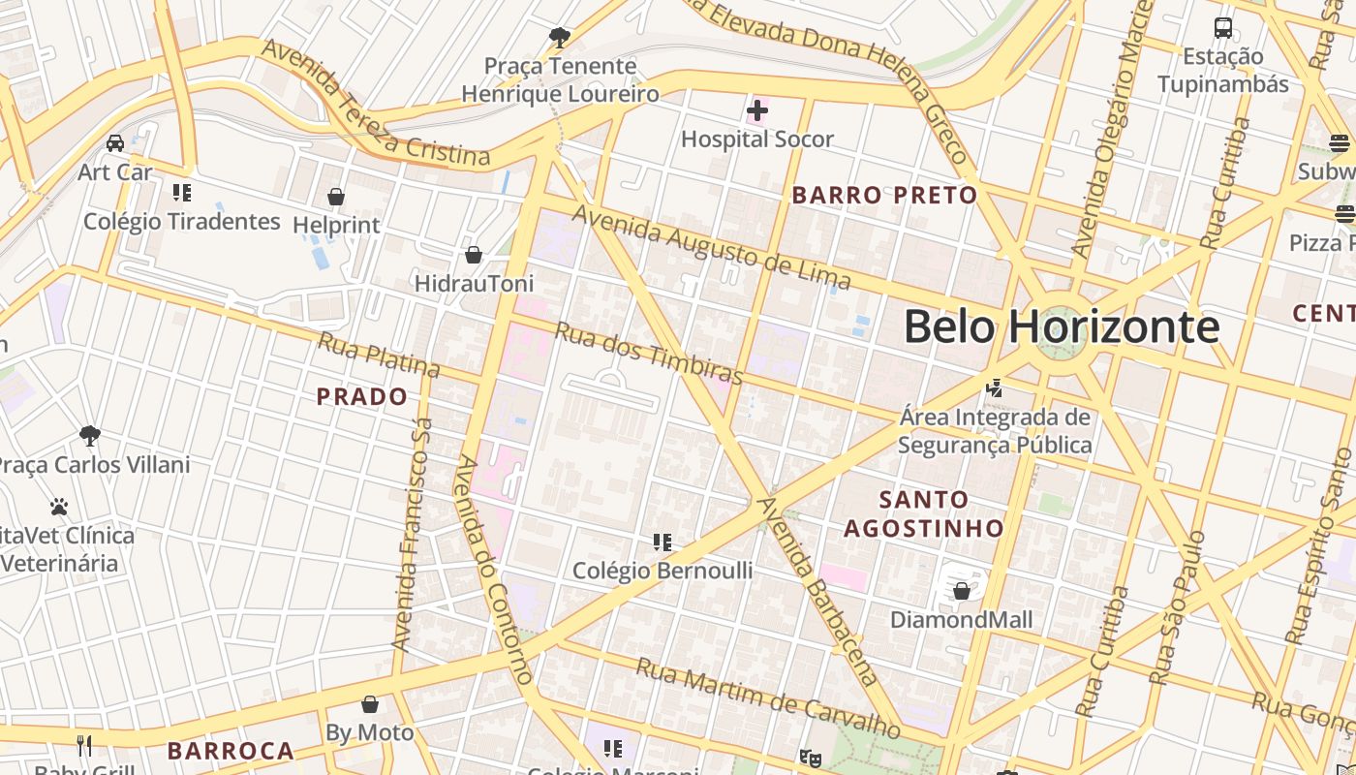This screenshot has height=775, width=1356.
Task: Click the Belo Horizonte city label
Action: coord(1061,326)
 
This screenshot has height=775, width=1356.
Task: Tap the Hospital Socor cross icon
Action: coord(757,111)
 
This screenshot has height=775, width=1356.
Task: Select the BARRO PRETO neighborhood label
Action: coord(884,195)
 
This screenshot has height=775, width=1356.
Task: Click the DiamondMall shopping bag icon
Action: coord(962,590)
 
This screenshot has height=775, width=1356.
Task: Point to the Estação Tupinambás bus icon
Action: coord(1223,27)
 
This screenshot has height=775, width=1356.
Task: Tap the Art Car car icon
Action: coord(115,143)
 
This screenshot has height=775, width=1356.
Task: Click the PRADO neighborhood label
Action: coord(362,396)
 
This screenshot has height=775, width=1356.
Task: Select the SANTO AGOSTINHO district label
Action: coord(923,513)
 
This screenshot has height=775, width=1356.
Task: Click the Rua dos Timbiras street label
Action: coord(649,354)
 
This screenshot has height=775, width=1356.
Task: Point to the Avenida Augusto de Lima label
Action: coord(712,248)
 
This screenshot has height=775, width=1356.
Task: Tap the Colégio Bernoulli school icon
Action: coord(663,542)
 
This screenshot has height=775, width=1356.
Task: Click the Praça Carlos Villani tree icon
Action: coord(90,435)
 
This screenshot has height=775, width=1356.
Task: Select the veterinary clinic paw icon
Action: coord(59,506)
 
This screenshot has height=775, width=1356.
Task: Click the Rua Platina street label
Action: coord(379,356)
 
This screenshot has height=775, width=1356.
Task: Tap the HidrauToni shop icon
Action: coord(474,255)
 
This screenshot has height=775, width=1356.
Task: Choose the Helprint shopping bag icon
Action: coord(336,197)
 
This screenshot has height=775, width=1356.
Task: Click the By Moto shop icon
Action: coord(369,703)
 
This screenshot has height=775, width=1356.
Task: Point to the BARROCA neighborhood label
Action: coord(231,751)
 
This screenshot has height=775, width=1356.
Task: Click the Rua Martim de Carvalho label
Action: coord(768,696)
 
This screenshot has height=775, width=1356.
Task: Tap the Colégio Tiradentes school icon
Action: coord(181,192)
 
